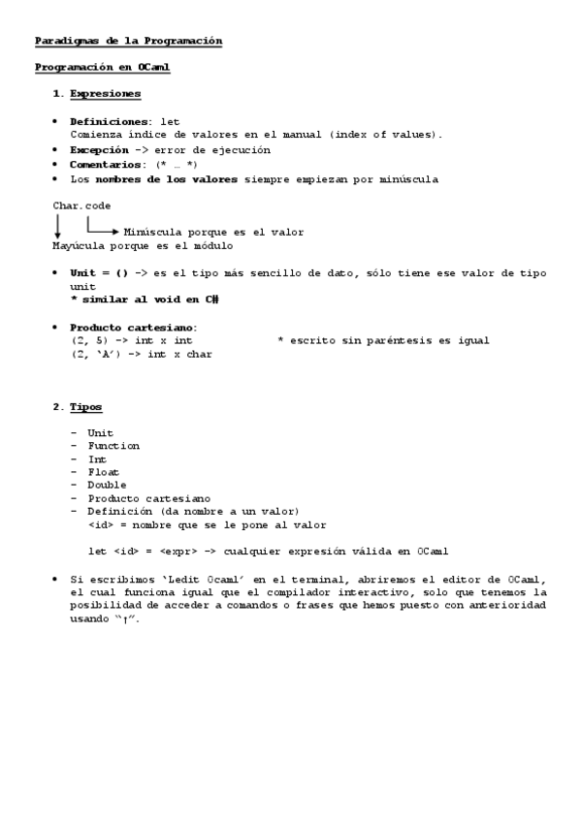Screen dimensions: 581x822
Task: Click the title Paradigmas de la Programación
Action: pyautogui.click(x=129, y=41)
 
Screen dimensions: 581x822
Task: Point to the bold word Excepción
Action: pyautogui.click(x=99, y=150)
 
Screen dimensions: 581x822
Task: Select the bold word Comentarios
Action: pyautogui.click(x=105, y=165)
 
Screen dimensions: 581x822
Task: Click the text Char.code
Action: pyautogui.click(x=81, y=205)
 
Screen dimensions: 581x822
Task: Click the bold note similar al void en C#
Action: pyautogui.click(x=145, y=300)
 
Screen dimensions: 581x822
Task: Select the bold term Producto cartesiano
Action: pyautogui.click(x=133, y=327)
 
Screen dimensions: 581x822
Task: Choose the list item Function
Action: pyautogui.click(x=113, y=446)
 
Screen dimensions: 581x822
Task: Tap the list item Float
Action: pyautogui.click(x=103, y=472)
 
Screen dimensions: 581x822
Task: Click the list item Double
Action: pyautogui.click(x=107, y=485)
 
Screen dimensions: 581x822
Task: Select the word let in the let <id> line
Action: pyautogui.click(x=96, y=551)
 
